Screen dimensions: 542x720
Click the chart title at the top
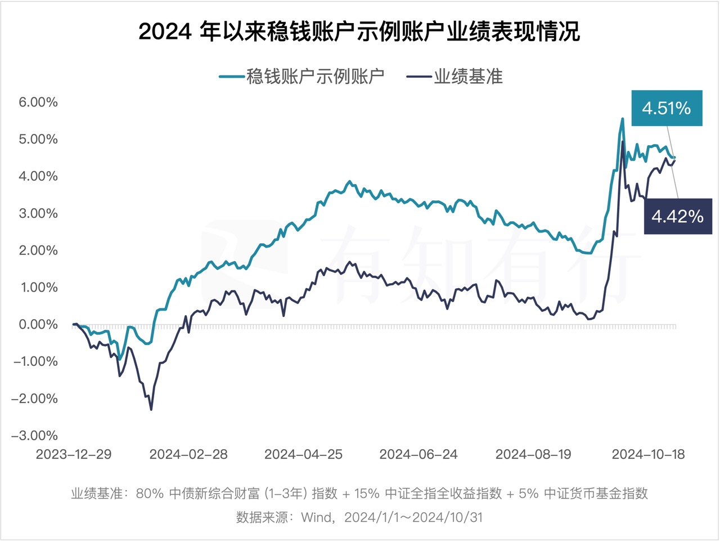[x=359, y=32]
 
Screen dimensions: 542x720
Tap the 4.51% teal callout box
[x=667, y=107]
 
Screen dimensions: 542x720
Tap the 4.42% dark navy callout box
[x=677, y=216]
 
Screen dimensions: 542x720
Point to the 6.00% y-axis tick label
[x=38, y=102]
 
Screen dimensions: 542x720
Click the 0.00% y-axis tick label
[x=38, y=324]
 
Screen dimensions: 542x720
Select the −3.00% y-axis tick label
[x=35, y=436]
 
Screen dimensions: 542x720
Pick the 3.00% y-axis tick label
[x=38, y=213]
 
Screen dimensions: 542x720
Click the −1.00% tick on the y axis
[x=35, y=361]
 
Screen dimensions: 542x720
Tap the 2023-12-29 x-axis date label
[x=74, y=455]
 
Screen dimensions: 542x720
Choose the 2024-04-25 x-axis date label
[x=304, y=455]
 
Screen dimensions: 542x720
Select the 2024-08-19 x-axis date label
[x=533, y=455]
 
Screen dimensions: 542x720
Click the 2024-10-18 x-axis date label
[x=648, y=455]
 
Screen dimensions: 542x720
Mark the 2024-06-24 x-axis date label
[x=418, y=455]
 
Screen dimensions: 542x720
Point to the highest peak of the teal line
[x=622, y=119]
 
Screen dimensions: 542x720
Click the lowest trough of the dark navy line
[x=151, y=409]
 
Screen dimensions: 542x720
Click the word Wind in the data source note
[x=317, y=517]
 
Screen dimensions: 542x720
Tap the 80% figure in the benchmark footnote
[x=150, y=494]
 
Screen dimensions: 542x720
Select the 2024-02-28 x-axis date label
[x=188, y=455]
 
